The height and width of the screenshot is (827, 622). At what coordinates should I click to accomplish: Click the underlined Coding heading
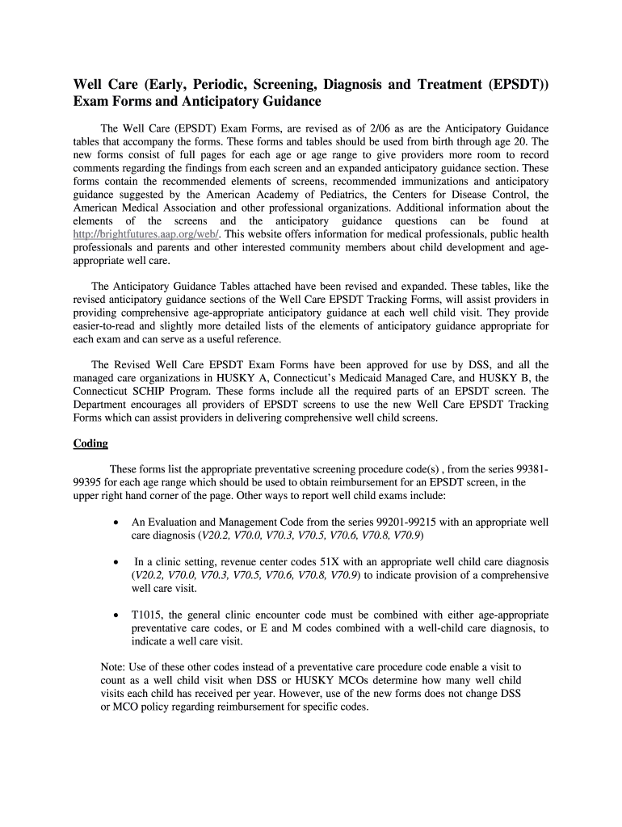(90, 443)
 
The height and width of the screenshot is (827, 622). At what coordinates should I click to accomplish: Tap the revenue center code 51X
(296, 561)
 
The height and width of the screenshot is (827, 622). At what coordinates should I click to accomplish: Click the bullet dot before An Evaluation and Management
(119, 523)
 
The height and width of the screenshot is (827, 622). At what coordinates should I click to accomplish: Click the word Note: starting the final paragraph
(114, 667)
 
